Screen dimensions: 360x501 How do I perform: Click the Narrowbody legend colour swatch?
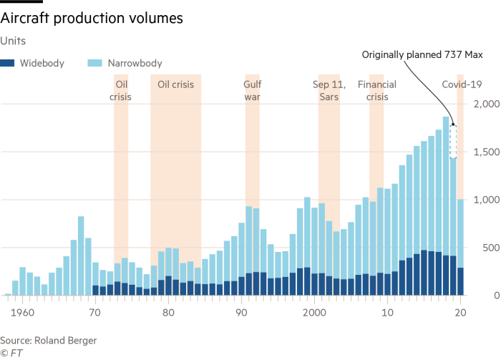(x=96, y=64)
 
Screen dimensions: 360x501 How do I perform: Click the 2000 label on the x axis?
(x=313, y=313)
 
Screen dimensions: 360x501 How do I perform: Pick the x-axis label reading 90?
(x=240, y=313)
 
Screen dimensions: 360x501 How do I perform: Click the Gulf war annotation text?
(x=252, y=90)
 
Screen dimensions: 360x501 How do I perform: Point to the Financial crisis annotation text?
(x=376, y=90)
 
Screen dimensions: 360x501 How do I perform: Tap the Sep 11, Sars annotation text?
(x=329, y=90)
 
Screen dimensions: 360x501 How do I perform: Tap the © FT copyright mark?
(x=10, y=352)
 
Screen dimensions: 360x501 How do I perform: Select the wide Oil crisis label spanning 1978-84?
(x=176, y=84)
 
